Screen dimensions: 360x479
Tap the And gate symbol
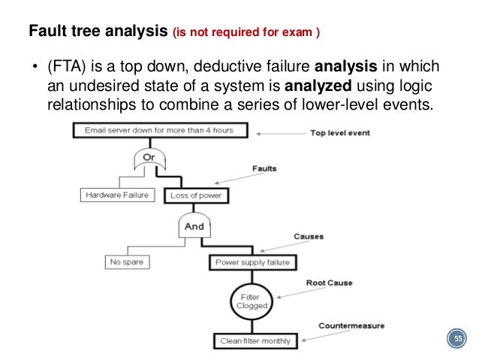click(195, 225)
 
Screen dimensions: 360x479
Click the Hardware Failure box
click(116, 195)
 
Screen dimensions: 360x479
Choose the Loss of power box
click(195, 195)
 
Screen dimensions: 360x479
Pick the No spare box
click(125, 262)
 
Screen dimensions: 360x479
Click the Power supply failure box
click(252, 262)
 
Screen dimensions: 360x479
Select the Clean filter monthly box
click(255, 340)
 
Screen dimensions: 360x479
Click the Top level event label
click(339, 133)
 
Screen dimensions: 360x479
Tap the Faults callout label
click(263, 169)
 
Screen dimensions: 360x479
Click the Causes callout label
click(309, 236)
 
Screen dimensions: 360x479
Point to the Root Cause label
click(329, 283)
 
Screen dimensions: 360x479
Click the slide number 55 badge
click(456, 340)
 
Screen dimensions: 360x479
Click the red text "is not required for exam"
click(246, 33)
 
